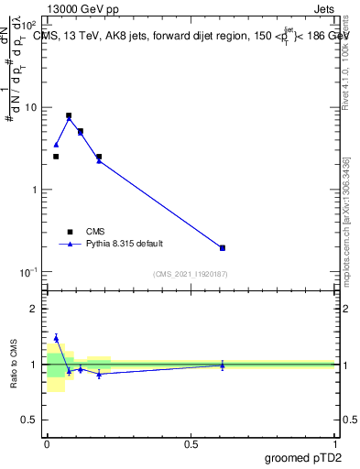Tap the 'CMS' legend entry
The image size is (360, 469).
coord(95,232)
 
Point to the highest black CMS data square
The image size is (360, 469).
coord(69,116)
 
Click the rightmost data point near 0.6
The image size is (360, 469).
coord(223,247)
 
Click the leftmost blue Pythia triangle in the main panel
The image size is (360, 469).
coord(56,145)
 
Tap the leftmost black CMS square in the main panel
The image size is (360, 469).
coord(56,157)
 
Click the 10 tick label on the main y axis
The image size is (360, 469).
coord(32,108)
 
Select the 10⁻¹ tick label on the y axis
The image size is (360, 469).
coord(30,273)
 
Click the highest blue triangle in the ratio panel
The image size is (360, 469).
coord(56,338)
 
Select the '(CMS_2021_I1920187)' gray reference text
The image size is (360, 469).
coord(191,274)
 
